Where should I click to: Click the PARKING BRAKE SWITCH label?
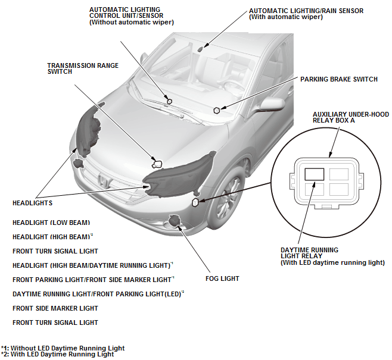(x=339, y=79)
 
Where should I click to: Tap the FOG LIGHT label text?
(x=222, y=278)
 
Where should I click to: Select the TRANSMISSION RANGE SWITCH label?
(x=83, y=68)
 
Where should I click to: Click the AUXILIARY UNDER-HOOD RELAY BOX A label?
(x=351, y=117)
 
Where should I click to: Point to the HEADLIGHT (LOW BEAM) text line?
(x=51, y=223)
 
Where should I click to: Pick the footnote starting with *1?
(x=63, y=348)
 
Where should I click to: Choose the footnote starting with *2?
(x=58, y=354)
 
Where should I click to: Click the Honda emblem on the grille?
(x=104, y=181)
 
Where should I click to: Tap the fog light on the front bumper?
(x=174, y=220)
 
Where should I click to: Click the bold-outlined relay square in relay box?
(x=314, y=174)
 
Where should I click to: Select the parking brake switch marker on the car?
(x=217, y=110)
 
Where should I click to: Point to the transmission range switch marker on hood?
(x=157, y=164)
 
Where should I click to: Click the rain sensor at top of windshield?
(x=201, y=49)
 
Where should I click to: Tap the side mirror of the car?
(x=270, y=104)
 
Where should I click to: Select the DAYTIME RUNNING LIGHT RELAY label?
(x=332, y=256)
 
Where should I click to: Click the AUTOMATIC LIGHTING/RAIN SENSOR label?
(x=306, y=14)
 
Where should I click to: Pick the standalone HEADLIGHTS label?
(x=33, y=203)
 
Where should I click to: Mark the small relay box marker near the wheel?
(x=195, y=202)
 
